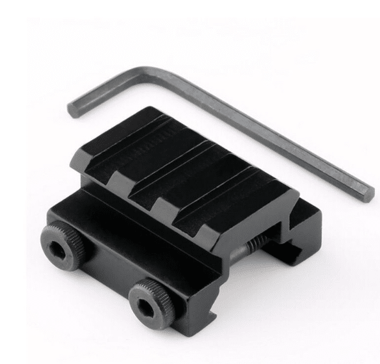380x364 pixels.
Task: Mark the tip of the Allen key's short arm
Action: point(73,109)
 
